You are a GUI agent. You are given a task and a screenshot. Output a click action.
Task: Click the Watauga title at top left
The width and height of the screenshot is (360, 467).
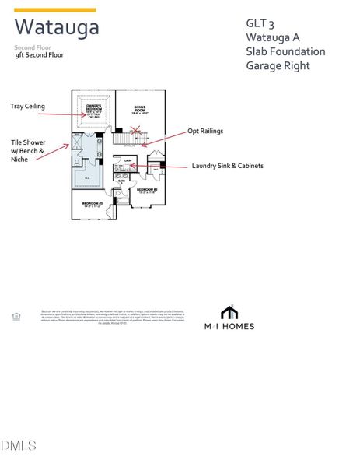57,28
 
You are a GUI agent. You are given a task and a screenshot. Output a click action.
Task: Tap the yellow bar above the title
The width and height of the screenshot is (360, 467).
55,10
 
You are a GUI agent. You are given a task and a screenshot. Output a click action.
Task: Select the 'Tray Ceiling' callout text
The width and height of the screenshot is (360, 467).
28,106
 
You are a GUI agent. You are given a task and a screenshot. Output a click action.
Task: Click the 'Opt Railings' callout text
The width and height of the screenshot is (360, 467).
204,131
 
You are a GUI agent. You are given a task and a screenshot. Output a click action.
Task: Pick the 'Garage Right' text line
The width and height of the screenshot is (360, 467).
278,65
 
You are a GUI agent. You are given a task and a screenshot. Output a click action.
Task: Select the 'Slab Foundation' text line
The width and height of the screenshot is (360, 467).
285,51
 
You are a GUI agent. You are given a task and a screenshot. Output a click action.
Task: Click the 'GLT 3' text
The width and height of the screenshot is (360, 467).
259,23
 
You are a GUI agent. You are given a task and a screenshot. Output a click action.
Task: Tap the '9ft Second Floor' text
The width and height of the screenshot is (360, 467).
40,55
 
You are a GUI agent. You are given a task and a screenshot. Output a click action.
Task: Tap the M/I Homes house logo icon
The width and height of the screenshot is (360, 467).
229,312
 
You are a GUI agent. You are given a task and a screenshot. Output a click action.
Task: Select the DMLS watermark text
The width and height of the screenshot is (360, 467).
19,445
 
